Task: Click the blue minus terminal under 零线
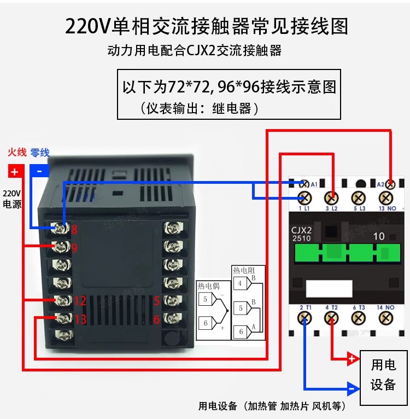coord(39,171)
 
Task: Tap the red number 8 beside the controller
coord(74,230)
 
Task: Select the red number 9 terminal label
coord(74,248)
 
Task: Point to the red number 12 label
coord(80,300)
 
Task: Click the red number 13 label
coord(80,319)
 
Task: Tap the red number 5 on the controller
coord(156,300)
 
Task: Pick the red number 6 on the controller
coord(156,319)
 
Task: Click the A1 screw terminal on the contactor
coord(304,184)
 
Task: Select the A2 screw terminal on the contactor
coord(390,184)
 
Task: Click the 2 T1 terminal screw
coord(304,318)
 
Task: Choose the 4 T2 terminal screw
coord(331,318)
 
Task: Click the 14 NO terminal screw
coord(388,318)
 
